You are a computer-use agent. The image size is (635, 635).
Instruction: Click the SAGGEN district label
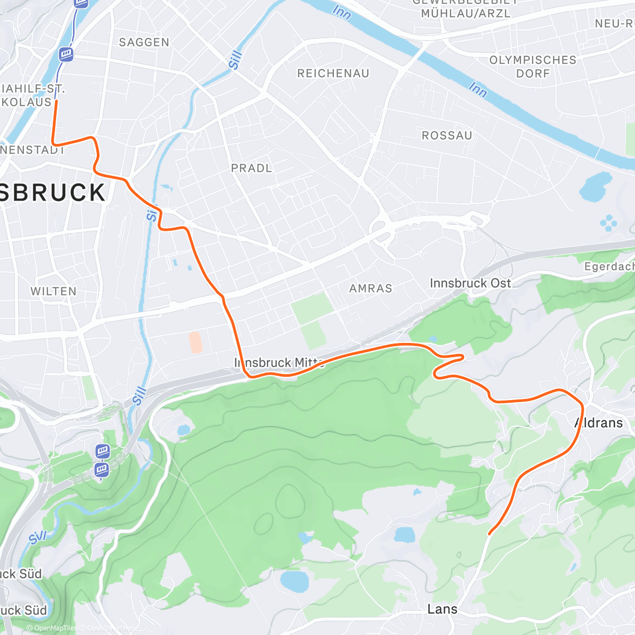click(144, 42)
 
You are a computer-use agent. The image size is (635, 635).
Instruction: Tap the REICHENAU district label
click(333, 74)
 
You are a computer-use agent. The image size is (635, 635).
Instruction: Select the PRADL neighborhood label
click(251, 168)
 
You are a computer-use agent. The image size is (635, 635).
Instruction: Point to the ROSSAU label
click(447, 135)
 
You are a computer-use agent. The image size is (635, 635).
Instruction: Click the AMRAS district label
click(370, 288)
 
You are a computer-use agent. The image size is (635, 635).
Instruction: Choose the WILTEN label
click(53, 291)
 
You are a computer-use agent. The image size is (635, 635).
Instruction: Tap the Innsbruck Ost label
click(470, 284)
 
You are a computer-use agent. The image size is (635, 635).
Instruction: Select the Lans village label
click(442, 609)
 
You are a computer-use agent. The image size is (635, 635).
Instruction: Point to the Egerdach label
click(609, 267)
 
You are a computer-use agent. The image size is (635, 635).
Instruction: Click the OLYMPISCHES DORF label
click(533, 67)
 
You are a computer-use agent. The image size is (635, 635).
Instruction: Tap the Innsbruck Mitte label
click(279, 363)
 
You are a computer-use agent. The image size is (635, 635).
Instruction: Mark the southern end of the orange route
click(489, 533)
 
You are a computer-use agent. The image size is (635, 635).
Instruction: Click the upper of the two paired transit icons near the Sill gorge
click(103, 451)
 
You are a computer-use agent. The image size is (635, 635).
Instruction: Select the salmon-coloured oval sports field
click(195, 342)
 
